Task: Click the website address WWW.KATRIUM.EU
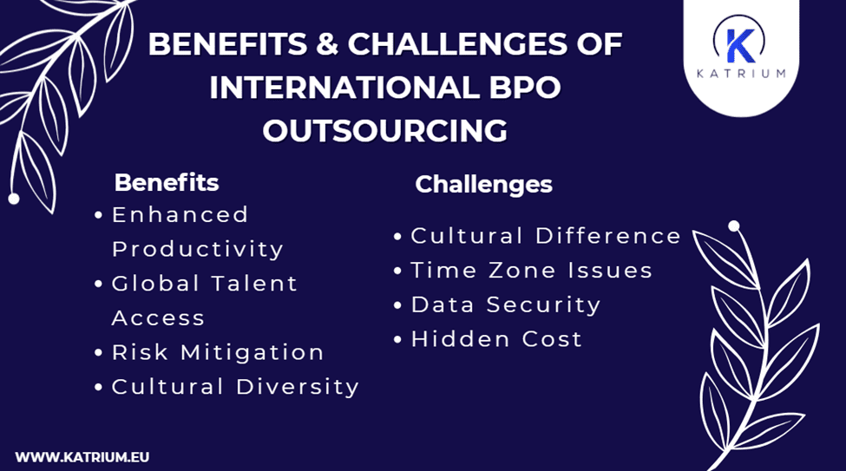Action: click(76, 455)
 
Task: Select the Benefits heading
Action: click(167, 183)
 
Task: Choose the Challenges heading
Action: click(483, 184)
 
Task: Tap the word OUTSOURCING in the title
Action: click(385, 131)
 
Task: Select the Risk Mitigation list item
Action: click(218, 352)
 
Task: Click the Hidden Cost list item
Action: click(495, 339)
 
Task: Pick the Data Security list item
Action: click(505, 304)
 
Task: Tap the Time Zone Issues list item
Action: click(531, 270)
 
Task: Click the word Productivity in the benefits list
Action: click(198, 249)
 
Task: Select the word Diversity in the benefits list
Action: click(298, 387)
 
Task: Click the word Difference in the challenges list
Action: click(608, 236)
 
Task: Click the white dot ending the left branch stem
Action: click(13, 199)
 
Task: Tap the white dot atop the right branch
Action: click(734, 226)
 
